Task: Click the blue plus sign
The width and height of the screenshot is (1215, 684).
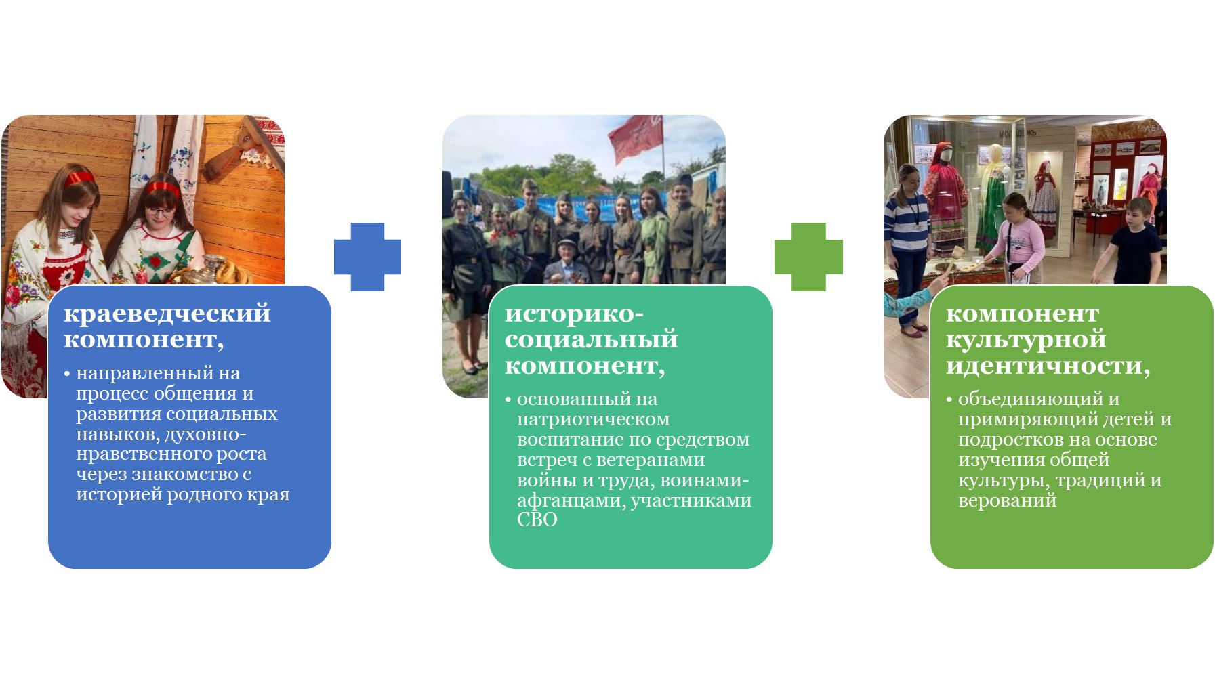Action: [x=367, y=257]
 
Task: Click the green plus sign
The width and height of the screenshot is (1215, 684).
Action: [x=808, y=257]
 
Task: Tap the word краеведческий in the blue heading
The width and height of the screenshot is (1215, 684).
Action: [x=167, y=314]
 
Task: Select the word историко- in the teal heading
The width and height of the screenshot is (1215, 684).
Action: [x=574, y=314]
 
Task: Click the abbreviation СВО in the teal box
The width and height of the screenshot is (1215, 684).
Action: [x=537, y=519]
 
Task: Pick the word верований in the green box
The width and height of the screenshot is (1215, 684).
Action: [x=1007, y=500]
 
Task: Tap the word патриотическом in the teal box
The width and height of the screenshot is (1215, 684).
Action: [x=593, y=420]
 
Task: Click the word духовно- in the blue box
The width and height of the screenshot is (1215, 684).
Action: [x=205, y=434]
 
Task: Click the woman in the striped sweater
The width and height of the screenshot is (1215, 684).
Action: [x=908, y=237]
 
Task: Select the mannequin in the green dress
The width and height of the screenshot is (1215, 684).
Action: [x=993, y=196]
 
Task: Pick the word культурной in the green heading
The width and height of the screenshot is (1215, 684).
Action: [x=1025, y=339]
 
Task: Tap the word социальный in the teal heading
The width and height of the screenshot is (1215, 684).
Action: [x=591, y=339]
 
